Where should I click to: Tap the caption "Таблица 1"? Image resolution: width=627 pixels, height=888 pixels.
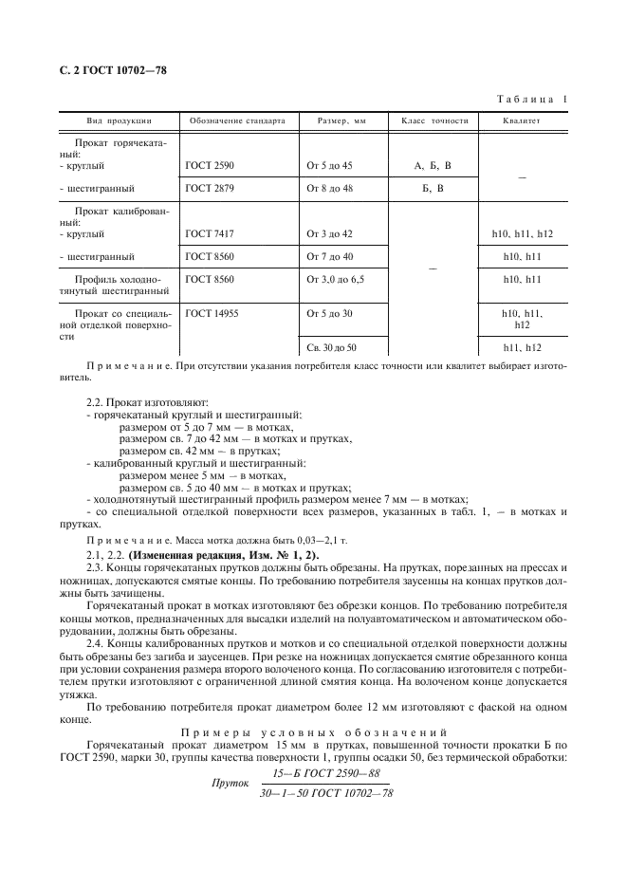(x=533, y=100)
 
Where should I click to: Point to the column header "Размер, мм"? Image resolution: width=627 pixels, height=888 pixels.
(x=328, y=120)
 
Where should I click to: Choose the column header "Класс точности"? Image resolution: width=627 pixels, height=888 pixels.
(x=434, y=120)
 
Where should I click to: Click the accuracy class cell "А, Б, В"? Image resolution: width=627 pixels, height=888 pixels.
(x=433, y=165)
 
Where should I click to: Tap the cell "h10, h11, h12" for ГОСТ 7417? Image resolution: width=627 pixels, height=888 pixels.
(x=523, y=233)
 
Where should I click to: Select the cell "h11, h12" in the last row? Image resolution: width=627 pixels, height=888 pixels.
(x=523, y=347)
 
